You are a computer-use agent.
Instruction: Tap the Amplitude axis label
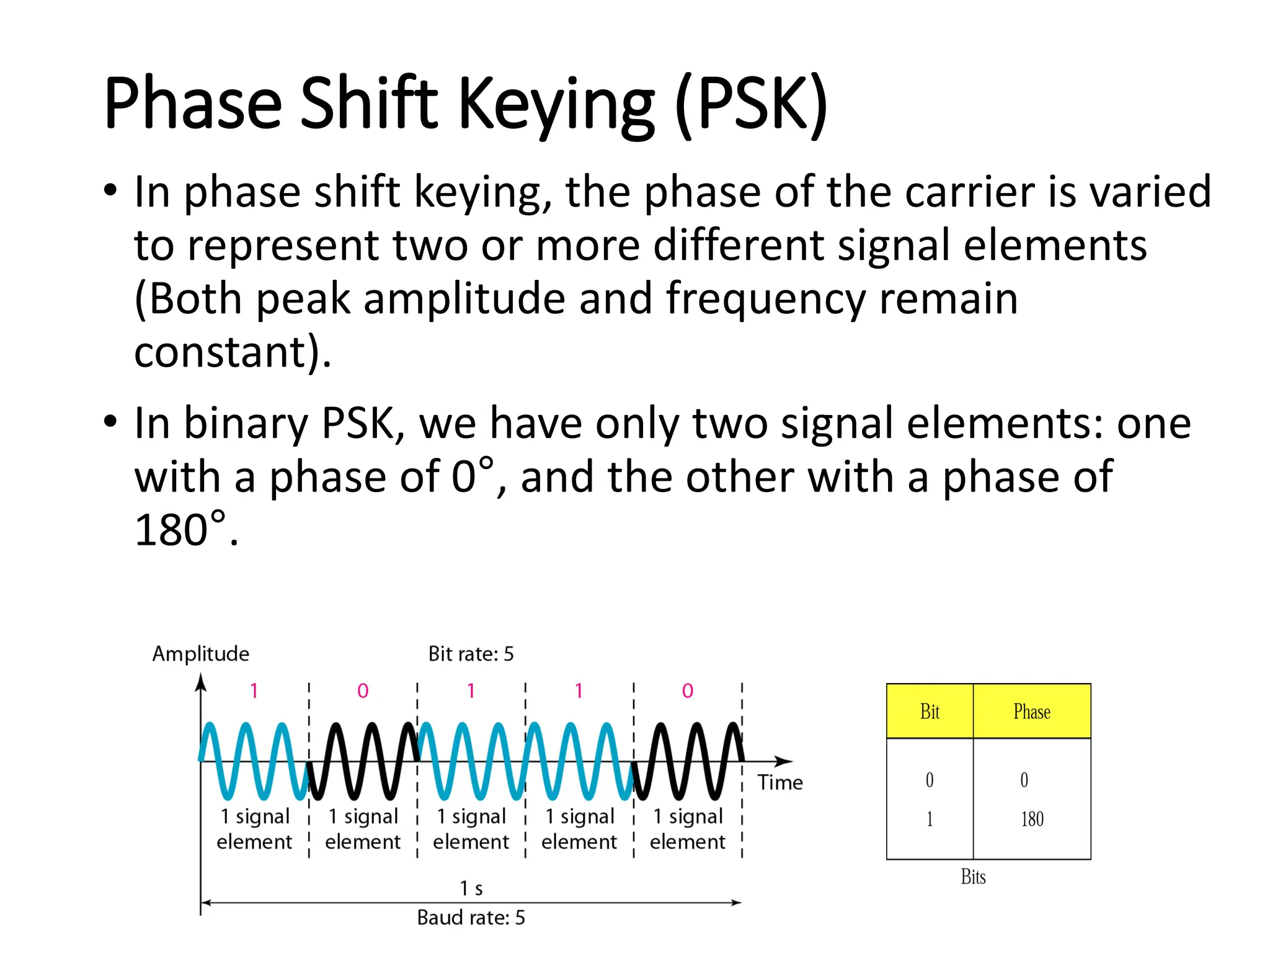coord(200,653)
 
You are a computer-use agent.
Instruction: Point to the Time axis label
coord(779,782)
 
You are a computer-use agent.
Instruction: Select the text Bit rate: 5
coord(471,653)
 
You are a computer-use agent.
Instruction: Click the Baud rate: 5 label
coord(471,917)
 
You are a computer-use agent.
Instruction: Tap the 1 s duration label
coord(471,888)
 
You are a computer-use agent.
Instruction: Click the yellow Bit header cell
coord(930,711)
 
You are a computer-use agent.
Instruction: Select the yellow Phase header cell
coord(1032,711)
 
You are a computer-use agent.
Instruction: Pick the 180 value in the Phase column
coord(1032,819)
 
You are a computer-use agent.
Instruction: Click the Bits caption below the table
coord(973,877)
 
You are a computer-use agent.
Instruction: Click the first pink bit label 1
coord(254,691)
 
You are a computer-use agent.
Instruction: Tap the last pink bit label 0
coord(687,691)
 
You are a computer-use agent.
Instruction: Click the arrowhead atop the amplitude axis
coord(200,682)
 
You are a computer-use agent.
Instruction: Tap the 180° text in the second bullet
coord(180,530)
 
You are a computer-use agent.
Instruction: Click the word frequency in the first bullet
coord(765,299)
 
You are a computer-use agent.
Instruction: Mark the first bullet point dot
coord(110,190)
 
